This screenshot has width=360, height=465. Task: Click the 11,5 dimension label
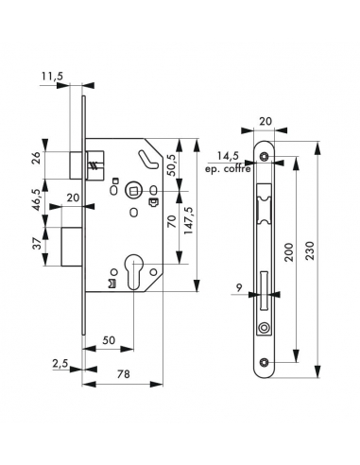point(52,77)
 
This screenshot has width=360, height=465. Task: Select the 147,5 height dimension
point(189,219)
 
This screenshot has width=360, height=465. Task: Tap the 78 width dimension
point(123,374)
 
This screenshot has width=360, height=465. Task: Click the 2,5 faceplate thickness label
point(60,364)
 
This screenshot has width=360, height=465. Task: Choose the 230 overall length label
point(310,250)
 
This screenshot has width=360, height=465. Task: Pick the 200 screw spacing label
point(289,251)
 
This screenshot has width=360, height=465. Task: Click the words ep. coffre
point(229,169)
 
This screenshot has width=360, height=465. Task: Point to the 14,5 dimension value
point(228,156)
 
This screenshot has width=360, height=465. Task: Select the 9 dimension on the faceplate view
point(239,287)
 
